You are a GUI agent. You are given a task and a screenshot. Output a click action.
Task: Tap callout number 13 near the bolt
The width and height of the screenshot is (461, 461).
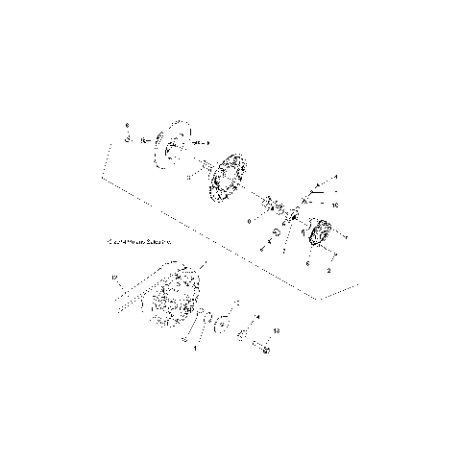click(x=277, y=330)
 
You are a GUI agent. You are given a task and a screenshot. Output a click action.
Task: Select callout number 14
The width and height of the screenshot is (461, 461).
click(x=256, y=317)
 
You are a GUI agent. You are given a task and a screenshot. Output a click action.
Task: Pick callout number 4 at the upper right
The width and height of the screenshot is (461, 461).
click(x=335, y=179)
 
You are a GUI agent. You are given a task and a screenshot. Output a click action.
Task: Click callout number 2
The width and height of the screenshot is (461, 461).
click(x=329, y=271)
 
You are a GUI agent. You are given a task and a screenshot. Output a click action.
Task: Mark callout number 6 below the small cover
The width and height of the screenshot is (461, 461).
click(x=307, y=262)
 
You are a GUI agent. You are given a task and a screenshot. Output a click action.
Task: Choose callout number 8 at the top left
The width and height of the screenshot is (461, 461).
click(x=126, y=125)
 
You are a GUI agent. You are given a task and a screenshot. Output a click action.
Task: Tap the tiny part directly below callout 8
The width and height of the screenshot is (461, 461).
click(x=126, y=140)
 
